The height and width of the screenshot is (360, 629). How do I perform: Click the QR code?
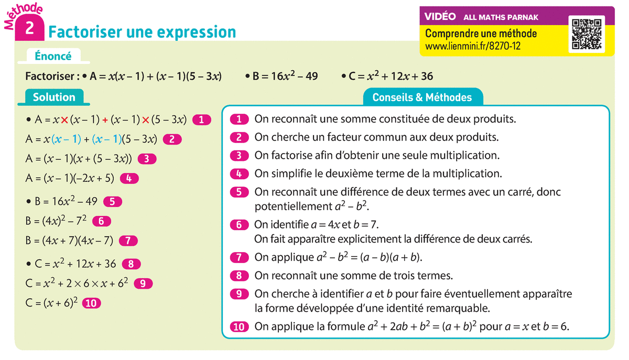point(586,34)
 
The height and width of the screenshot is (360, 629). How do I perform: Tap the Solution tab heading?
point(54,97)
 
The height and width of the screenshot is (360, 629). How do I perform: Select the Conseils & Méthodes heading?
point(422,97)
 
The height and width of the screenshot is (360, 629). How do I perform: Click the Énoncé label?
point(53,56)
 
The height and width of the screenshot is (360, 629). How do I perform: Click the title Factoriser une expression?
point(142,32)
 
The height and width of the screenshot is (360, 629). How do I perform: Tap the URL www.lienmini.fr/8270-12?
point(473,46)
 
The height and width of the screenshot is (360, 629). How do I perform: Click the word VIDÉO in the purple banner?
point(440,17)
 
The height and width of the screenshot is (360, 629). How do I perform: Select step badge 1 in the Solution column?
point(202,119)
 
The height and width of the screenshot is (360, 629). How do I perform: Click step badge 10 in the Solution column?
point(92,303)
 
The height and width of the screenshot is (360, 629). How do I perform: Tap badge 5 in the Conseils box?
point(239,192)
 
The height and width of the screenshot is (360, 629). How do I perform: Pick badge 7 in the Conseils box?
point(239,257)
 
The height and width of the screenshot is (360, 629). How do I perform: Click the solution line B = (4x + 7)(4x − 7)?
point(69,241)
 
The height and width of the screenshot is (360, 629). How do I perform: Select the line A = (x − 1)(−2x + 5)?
point(70,178)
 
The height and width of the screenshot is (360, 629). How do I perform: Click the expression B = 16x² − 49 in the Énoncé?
point(285,77)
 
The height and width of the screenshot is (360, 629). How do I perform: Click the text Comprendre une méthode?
point(481,34)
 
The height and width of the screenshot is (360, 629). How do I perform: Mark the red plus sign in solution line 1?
point(105,120)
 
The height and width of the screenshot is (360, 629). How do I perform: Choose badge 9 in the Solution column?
point(143,283)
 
